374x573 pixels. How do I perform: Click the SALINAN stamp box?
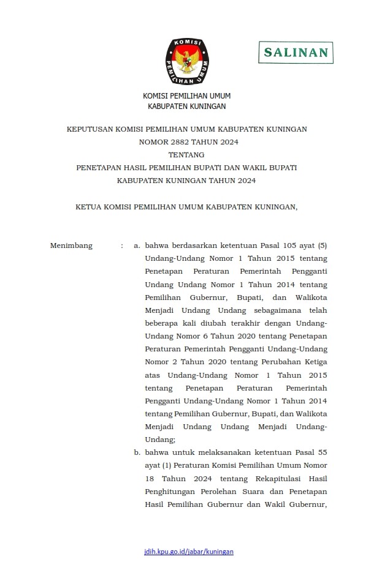pos(296,53)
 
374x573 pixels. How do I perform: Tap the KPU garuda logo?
pos(187,61)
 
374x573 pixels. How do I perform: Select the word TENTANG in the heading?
pos(186,155)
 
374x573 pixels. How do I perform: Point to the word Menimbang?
pos(71,246)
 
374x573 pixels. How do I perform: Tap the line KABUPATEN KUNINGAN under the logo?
pos(187,106)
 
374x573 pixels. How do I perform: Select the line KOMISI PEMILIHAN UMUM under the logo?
pos(187,96)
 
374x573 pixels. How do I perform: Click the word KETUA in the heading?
pos(90,207)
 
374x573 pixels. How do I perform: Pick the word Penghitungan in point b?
pos(171,491)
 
